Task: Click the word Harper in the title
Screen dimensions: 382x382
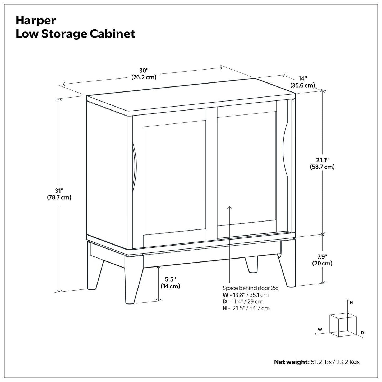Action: tap(36, 20)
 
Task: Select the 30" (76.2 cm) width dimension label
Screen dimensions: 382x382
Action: tap(144, 74)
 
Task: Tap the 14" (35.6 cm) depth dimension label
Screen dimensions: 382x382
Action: tap(303, 82)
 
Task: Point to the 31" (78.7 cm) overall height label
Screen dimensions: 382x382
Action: tap(59, 194)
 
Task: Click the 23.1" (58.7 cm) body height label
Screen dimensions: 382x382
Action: tap(322, 163)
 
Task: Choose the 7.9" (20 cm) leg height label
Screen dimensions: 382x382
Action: tap(322, 260)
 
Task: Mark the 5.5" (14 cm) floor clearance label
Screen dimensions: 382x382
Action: tap(170, 283)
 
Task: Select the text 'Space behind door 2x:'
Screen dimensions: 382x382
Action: tap(250, 288)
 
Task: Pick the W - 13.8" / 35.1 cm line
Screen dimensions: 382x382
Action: tap(246, 295)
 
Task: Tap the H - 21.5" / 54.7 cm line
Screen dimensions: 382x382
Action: tap(246, 308)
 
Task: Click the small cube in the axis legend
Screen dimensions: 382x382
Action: tap(343, 325)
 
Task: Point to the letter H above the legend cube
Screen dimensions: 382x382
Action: tap(351, 303)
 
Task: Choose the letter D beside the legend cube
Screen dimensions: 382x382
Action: tap(362, 332)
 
